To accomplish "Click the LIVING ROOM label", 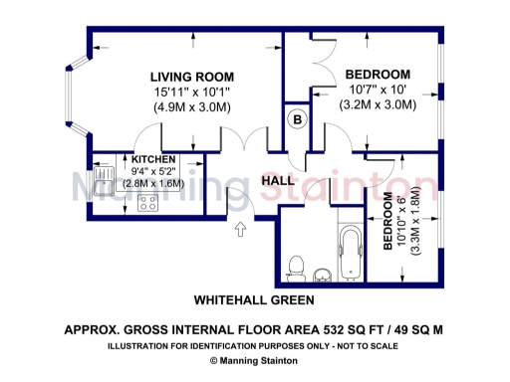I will (192, 77).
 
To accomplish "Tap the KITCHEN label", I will (153, 159).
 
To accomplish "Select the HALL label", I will (277, 180).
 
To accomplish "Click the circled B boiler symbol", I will (296, 119).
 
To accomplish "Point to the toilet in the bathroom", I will (294, 266).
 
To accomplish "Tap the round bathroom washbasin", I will (322, 274).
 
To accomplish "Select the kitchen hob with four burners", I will (149, 203).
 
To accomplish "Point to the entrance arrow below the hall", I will (239, 231).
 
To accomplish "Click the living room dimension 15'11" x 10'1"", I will (192, 91).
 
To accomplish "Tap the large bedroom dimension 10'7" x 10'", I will (378, 90).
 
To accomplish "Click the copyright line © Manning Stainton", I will (254, 362).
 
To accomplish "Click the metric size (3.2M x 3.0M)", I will (378, 103).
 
